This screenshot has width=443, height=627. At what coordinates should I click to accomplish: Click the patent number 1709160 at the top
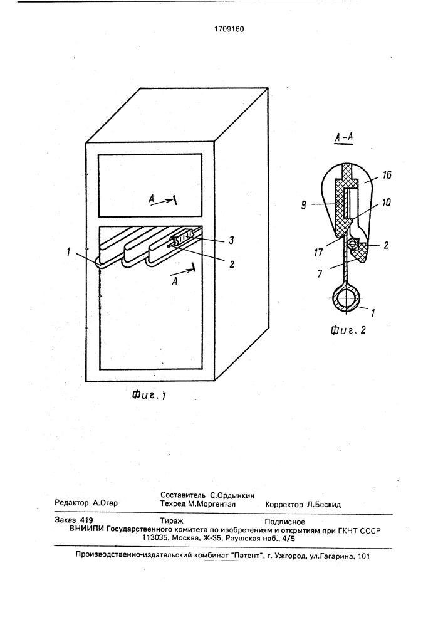coord(229,29)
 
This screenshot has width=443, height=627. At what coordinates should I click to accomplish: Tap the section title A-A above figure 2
coord(343,137)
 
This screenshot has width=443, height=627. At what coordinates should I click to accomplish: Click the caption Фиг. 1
coord(149,396)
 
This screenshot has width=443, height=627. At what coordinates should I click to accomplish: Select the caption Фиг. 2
coord(348,330)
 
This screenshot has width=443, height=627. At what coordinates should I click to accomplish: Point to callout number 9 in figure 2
coord(304,206)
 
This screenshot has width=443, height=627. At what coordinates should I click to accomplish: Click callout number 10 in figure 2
coord(386,203)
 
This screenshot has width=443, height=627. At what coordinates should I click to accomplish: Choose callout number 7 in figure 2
coord(320,275)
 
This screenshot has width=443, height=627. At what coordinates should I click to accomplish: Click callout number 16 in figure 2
coord(387,175)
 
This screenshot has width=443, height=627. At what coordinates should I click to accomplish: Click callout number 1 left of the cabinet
coord(69,252)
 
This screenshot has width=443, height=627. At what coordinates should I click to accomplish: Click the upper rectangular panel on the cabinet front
coord(150,186)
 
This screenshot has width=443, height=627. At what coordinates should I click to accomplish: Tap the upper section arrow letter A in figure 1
coord(152,199)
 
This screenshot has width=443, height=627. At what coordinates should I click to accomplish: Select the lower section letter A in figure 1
coord(174,282)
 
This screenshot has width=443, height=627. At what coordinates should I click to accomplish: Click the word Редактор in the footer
coord(71,503)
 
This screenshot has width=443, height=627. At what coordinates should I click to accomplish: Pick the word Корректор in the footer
coord(284,504)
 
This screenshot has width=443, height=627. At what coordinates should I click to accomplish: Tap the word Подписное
coord(285,522)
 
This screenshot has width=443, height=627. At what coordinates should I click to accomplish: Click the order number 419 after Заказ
coord(86,520)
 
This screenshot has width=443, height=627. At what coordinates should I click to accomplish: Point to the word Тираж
coord(171,521)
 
